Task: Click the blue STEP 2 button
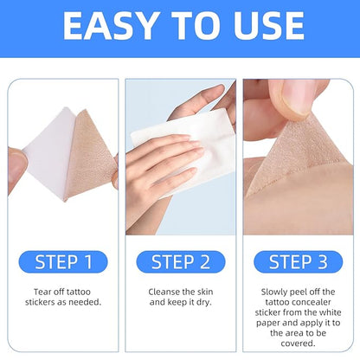tap(180, 262)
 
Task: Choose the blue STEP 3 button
tap(298, 262)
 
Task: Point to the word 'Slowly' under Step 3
tap(273, 291)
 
